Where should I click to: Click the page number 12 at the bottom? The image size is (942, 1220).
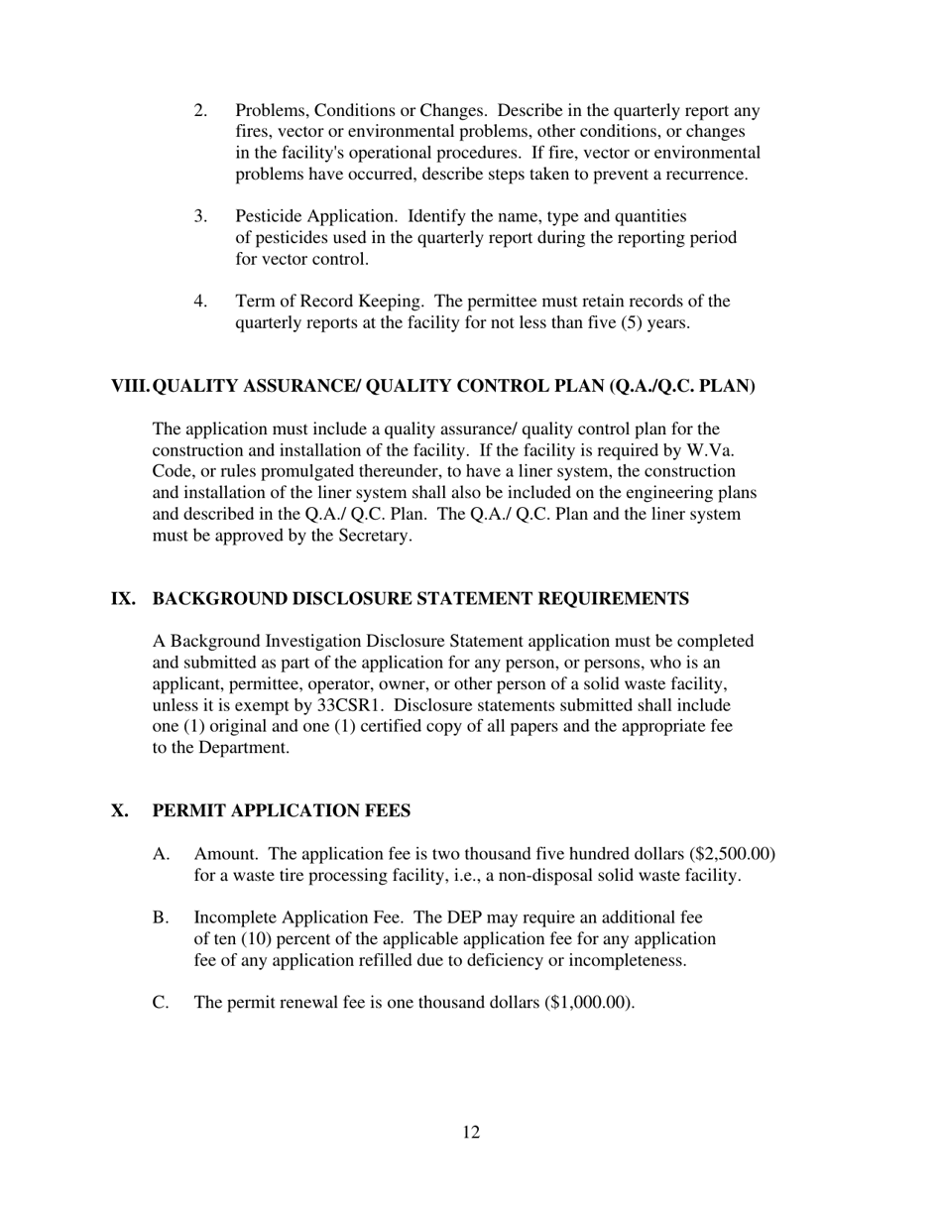[x=471, y=1133]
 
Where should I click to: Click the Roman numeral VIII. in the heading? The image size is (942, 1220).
[x=131, y=387]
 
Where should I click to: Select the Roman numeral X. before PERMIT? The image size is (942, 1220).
[x=120, y=811]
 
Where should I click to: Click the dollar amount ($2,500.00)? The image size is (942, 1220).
[x=731, y=854]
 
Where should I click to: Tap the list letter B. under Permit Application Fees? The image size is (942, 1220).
[x=161, y=917]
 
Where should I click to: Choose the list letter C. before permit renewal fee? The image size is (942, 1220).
[x=161, y=1003]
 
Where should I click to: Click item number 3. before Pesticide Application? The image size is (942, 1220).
[x=200, y=216]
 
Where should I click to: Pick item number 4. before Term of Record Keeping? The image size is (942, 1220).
[x=200, y=302]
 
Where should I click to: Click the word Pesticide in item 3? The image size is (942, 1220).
[x=267, y=216]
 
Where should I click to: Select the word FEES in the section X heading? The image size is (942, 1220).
[x=388, y=811]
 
